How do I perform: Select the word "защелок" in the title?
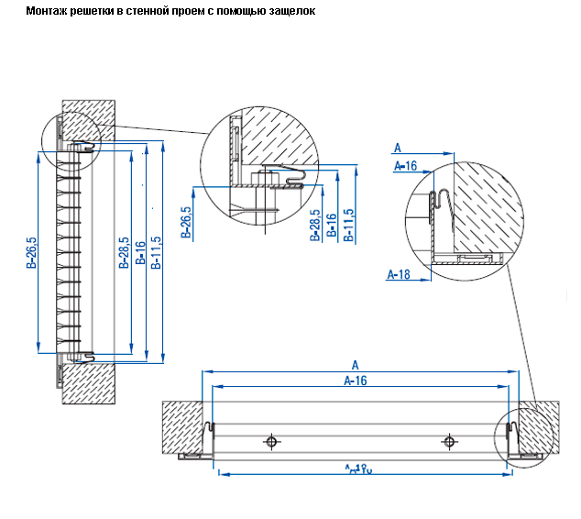pyautogui.click(x=290, y=11)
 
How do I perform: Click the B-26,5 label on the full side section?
pyautogui.click(x=31, y=254)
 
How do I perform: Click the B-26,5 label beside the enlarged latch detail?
pyautogui.click(x=186, y=221)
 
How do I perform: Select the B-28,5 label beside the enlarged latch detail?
pyautogui.click(x=314, y=224)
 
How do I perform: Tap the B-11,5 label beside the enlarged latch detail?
pyautogui.click(x=348, y=224)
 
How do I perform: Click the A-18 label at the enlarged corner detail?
pyautogui.click(x=399, y=273)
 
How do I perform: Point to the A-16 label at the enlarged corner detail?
pyautogui.click(x=404, y=166)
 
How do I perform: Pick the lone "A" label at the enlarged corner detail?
pyautogui.click(x=397, y=147)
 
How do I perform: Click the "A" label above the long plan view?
pyautogui.click(x=355, y=365)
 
